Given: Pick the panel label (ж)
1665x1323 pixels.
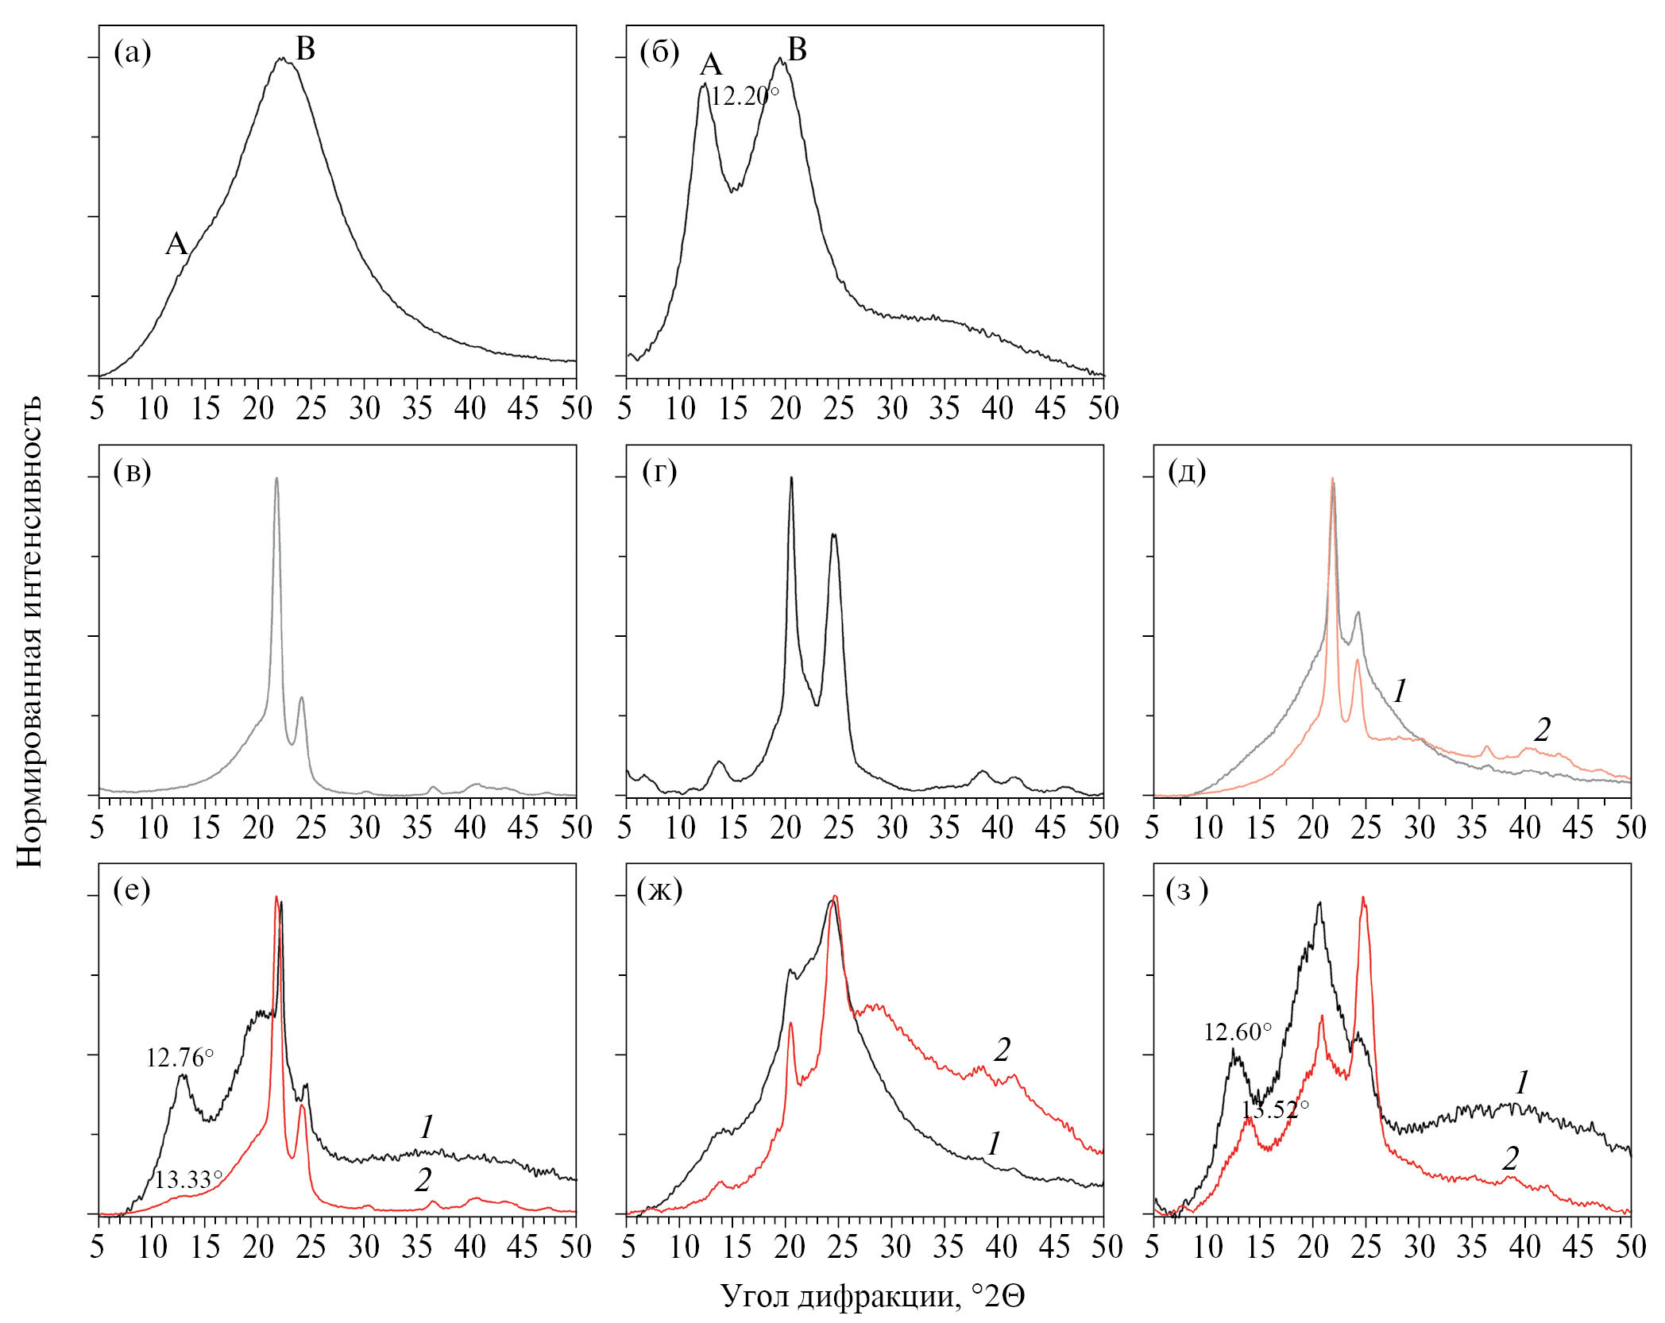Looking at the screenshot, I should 659,891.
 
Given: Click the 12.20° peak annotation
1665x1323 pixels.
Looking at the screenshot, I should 744,97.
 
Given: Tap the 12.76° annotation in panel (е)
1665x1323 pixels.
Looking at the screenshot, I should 180,1058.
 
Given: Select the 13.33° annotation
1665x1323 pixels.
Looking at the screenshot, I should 188,1180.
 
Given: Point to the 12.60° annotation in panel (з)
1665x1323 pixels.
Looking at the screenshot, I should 1238,1032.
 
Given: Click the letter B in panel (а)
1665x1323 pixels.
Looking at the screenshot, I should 305,49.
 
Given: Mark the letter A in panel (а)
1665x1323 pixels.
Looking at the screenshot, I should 176,244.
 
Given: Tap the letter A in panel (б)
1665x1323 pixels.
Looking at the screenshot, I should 710,65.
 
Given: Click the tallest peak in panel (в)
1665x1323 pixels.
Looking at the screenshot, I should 276,479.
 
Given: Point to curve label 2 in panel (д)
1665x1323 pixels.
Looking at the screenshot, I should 1542,729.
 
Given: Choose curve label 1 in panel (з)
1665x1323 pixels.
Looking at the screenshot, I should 1522,1082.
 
